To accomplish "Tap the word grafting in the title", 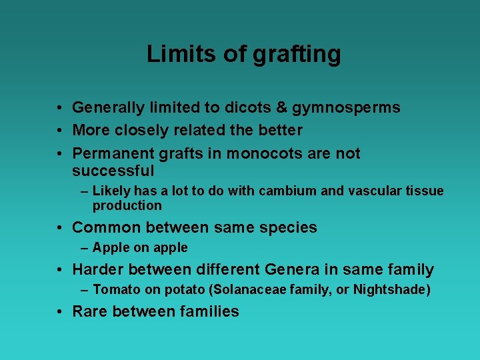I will (x=297, y=55).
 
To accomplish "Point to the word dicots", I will (x=249, y=107).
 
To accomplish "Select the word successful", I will (x=113, y=171).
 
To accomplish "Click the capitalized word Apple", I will (x=109, y=248).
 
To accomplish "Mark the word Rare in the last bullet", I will (x=90, y=311).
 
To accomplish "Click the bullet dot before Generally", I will (x=59, y=108).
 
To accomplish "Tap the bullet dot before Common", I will (x=59, y=228).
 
